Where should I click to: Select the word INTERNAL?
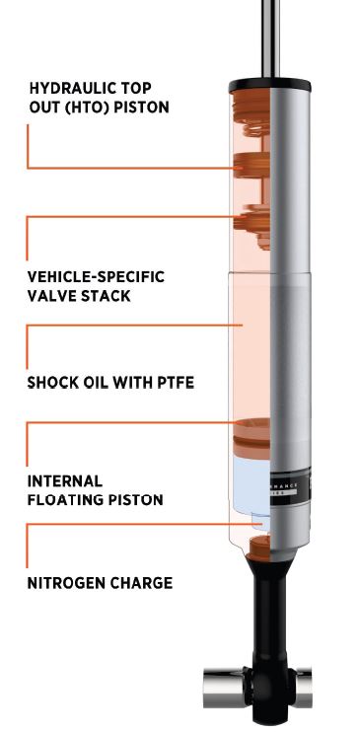tap(65, 481)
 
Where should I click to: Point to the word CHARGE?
tap(141, 583)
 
